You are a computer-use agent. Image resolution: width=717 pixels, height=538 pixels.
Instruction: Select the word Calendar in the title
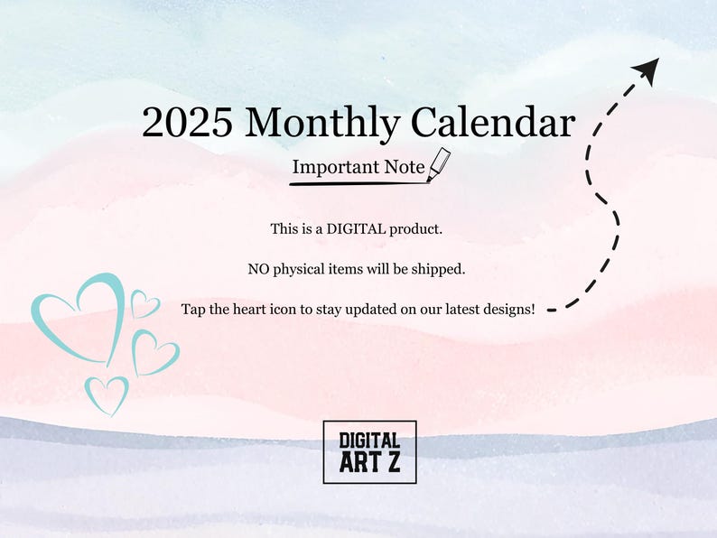click(491, 123)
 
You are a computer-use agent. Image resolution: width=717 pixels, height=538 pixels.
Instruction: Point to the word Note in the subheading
click(405, 167)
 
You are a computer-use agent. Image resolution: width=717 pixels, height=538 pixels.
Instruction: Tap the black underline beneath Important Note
click(358, 183)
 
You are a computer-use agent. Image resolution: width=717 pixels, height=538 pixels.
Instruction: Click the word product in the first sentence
click(416, 229)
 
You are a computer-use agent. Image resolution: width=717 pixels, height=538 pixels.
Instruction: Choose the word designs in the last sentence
click(504, 309)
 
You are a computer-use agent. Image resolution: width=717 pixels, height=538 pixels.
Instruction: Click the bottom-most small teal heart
click(107, 395)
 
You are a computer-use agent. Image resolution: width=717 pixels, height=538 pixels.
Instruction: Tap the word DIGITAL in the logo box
click(369, 441)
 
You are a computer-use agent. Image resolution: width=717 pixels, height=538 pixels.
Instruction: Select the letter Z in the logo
click(392, 464)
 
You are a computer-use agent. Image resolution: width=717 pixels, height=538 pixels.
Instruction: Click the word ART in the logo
click(358, 464)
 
